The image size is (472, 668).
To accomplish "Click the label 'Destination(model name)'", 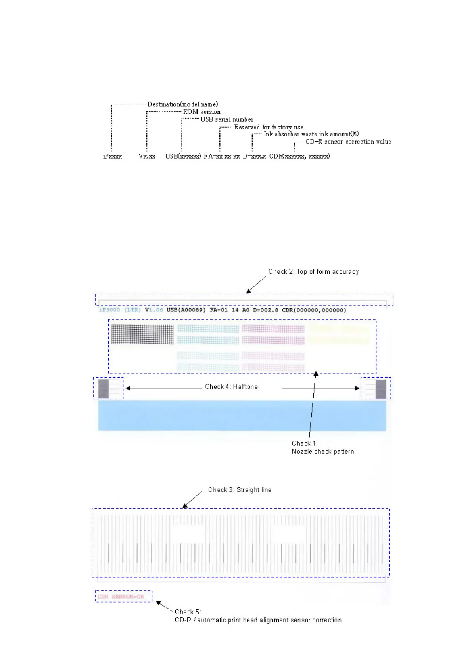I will click(x=182, y=104).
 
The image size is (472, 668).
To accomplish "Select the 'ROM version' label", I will click(x=201, y=112).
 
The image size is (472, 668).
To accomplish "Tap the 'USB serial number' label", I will click(x=227, y=119).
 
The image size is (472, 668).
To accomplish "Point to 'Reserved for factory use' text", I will click(x=269, y=127).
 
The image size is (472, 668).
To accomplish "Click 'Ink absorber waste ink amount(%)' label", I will click(x=311, y=134).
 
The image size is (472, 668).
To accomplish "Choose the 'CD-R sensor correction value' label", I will click(x=348, y=142).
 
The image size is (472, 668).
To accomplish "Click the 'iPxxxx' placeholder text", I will click(x=112, y=156).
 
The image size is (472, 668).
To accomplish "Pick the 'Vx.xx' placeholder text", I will click(x=147, y=156).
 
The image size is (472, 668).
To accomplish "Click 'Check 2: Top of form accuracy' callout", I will click(x=313, y=272).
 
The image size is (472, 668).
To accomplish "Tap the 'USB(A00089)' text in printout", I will click(x=186, y=310).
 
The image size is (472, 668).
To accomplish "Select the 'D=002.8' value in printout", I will click(x=266, y=310).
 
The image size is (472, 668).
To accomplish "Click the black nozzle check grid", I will click(x=142, y=334).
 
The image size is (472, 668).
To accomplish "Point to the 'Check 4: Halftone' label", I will click(x=231, y=387).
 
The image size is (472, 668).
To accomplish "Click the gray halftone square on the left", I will click(x=103, y=389).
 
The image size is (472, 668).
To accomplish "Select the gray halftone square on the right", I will click(x=381, y=389).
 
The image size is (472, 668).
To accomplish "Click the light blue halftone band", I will click(x=242, y=415).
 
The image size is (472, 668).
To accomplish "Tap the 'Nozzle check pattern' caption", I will click(x=323, y=451).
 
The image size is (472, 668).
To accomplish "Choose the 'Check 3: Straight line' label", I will click(x=240, y=490).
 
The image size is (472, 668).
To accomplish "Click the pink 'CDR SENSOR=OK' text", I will click(x=121, y=597).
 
